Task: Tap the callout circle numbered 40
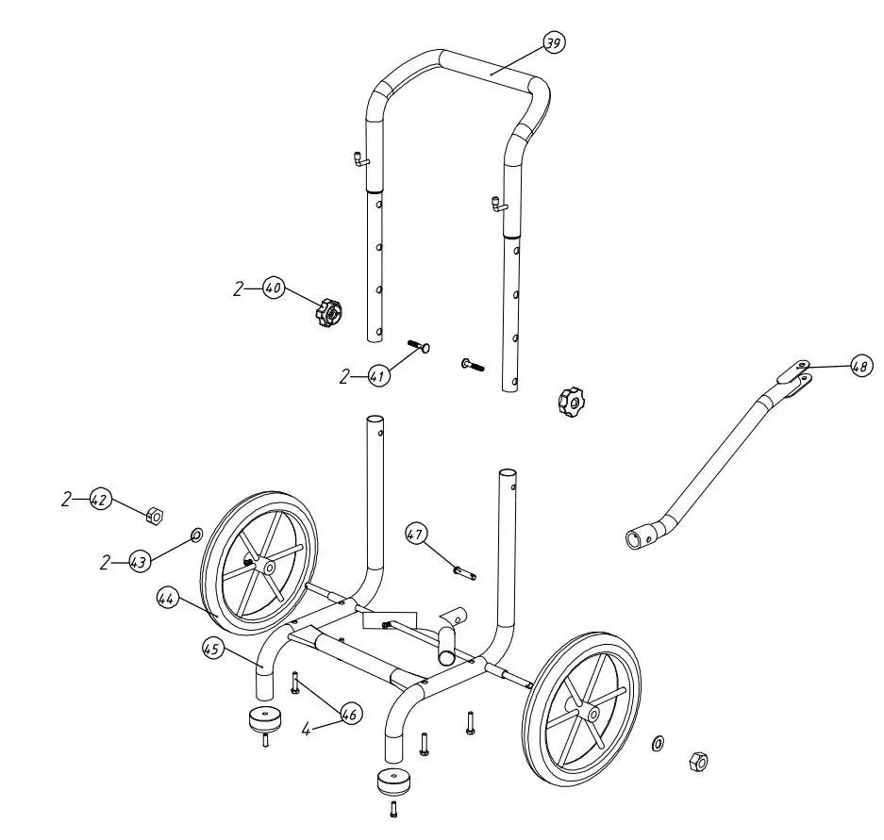274,288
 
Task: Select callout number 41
378,376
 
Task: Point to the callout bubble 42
100,500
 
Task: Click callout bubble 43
139,562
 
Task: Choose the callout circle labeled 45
212,649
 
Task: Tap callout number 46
349,716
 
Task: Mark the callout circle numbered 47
416,535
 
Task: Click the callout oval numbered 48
859,368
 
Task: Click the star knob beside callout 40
328,311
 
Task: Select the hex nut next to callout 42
156,515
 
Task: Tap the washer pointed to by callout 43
196,535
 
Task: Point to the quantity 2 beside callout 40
239,289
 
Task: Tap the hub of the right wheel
592,714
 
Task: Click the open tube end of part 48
633,540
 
